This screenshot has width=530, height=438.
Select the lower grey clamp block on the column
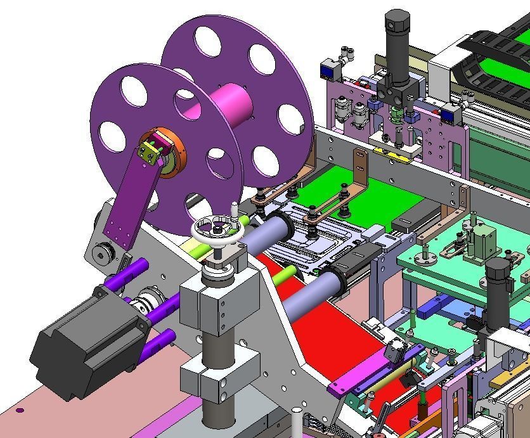coord(219,374)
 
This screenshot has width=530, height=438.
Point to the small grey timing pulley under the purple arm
coord(101,254)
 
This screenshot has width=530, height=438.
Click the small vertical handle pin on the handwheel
coord(235,210)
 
